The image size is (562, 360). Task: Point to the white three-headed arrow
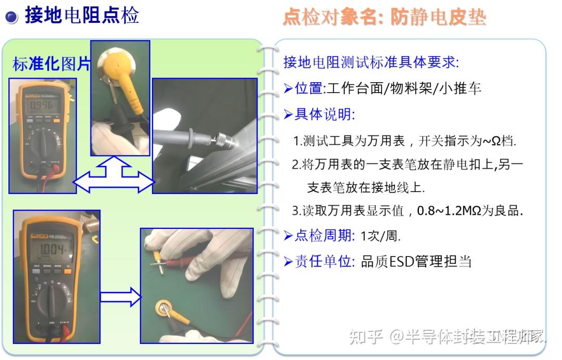point(114,176)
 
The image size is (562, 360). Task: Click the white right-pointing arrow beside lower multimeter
point(120,298)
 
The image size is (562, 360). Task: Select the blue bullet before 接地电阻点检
point(11,17)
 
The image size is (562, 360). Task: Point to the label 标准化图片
point(51,64)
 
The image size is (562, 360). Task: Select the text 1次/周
point(380,236)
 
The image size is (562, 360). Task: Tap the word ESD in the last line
point(401,261)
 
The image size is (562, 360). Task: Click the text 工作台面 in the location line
point(354,88)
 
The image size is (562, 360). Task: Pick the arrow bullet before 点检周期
point(288,236)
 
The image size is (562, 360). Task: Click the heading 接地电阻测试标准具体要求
point(370,63)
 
